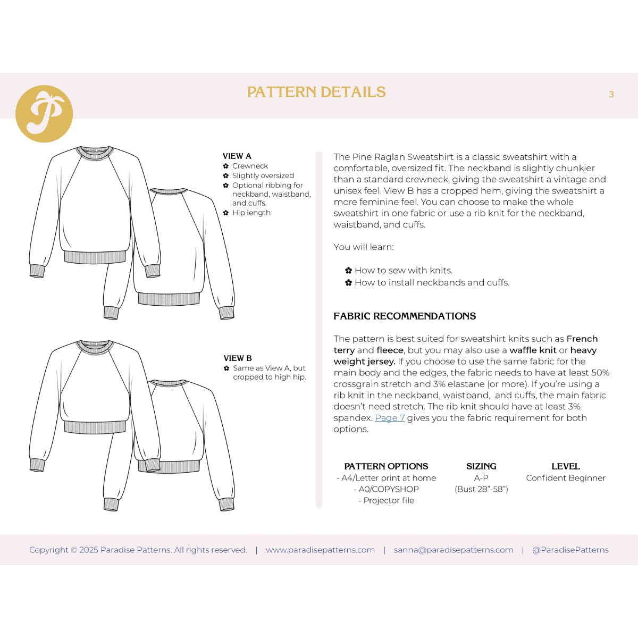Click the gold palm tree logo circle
pos(44,114)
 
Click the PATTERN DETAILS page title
pos(316,93)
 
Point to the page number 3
pos(611,95)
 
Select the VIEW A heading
pos(237,156)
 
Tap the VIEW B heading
pos(238,358)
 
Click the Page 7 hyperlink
pos(390,418)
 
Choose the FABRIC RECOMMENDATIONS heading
pos(405,316)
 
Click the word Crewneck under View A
pos(250,166)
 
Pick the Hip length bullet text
pos(251,213)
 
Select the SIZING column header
pos(481,466)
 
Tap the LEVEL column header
pos(565,466)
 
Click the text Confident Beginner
pos(565,478)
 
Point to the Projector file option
pos(388,500)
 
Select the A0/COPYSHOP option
pos(388,489)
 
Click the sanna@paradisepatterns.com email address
pos(454,550)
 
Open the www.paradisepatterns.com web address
pos(320,550)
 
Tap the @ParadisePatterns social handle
pos(570,550)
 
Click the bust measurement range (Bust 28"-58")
pos(481,489)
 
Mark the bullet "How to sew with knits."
pos(403,271)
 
